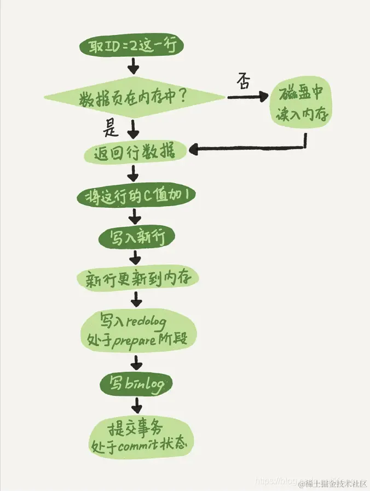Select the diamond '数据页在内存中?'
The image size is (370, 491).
coord(134,98)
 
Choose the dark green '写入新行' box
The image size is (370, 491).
coord(136,237)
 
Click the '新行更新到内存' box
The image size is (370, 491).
coord(137,279)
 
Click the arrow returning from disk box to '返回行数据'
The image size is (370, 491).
coord(246,148)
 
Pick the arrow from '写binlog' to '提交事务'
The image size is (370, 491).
coord(136,405)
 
